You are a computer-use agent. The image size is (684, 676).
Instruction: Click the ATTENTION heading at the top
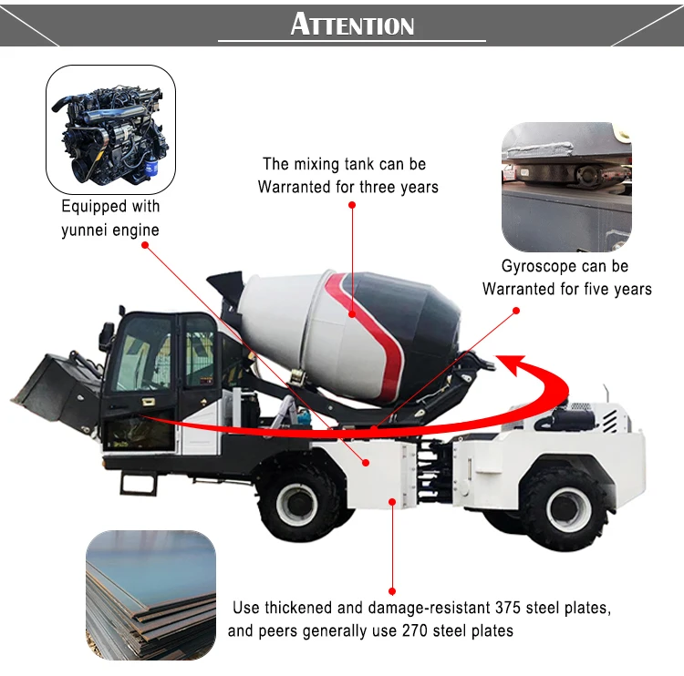(352, 24)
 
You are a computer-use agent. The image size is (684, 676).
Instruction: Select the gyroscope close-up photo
(566, 187)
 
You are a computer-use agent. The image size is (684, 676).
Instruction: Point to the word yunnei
(85, 230)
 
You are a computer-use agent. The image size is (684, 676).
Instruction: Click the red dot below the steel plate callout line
(392, 590)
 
